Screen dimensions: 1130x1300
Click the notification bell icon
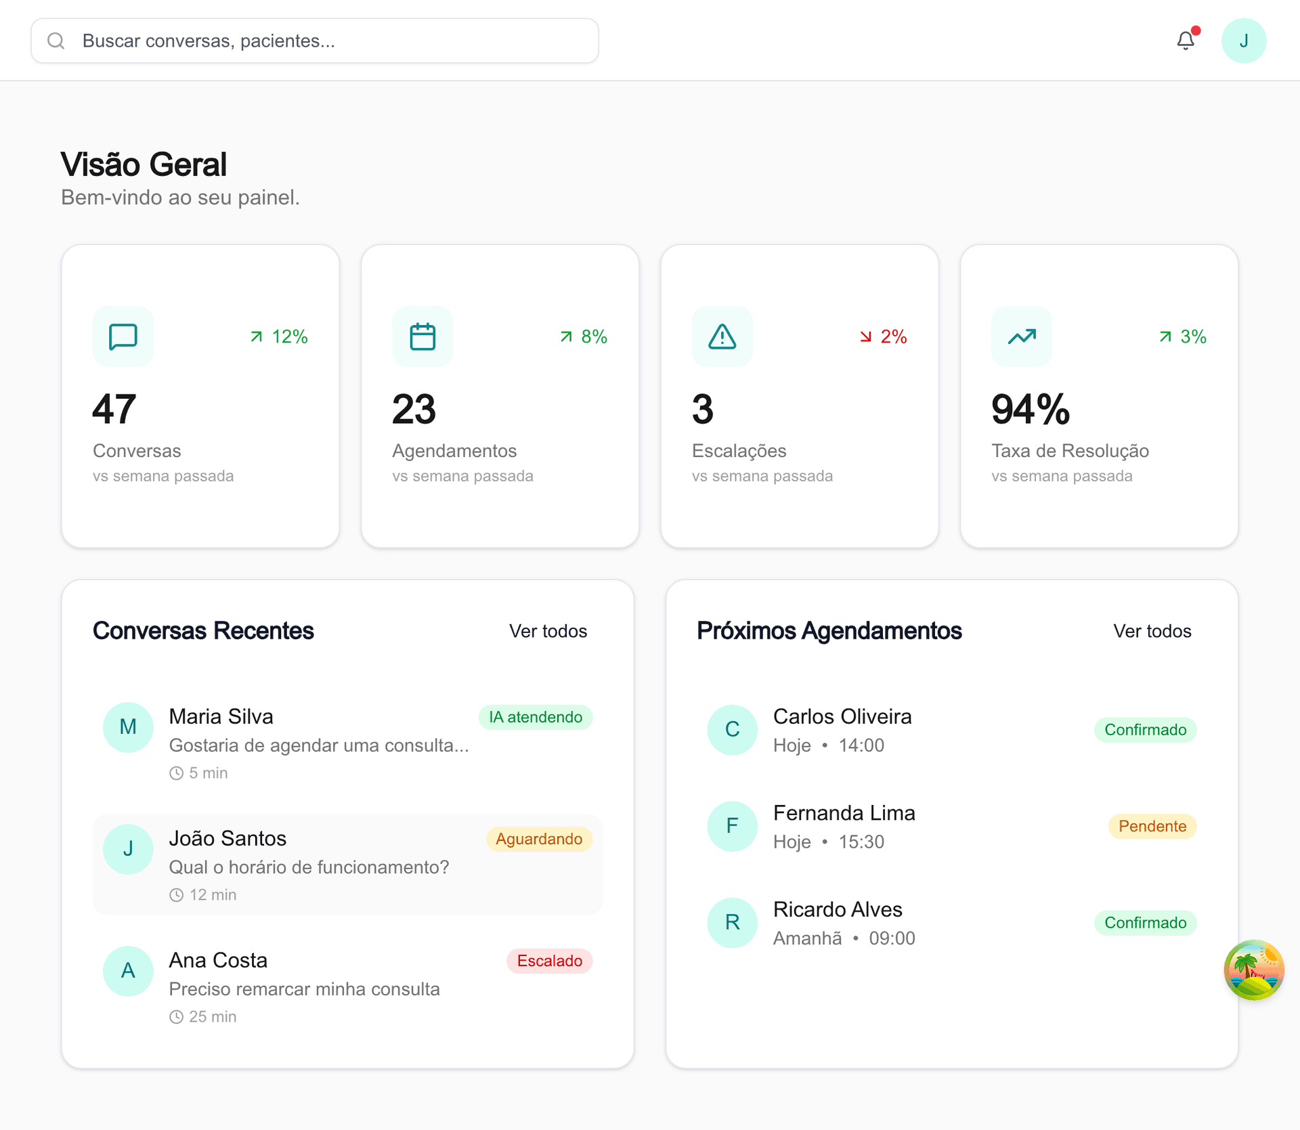[1185, 41]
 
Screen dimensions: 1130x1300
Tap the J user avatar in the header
[1243, 41]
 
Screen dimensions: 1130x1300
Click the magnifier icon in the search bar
[56, 41]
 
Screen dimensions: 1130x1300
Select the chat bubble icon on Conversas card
[123, 336]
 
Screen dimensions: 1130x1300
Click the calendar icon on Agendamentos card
[422, 336]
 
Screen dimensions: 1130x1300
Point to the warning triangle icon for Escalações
[722, 336]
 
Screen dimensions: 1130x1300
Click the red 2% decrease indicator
[884, 336]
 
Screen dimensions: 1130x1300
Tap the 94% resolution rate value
[1030, 410]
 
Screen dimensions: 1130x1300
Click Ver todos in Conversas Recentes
[548, 631]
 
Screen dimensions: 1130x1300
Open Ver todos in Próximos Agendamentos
[1152, 631]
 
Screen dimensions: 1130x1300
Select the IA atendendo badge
[535, 717]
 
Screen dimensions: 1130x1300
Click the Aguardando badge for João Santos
[538, 839]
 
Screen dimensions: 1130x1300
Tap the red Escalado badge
[549, 961]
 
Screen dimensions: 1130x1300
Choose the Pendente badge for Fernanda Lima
[1152, 826]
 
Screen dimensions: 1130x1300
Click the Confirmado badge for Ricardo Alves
[1145, 923]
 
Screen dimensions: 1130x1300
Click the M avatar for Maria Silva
[128, 727]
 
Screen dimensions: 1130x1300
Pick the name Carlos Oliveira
[842, 716]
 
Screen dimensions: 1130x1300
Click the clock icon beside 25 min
[176, 1017]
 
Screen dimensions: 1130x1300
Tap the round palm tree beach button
[1253, 970]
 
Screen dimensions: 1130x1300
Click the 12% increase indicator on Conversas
[279, 336]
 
